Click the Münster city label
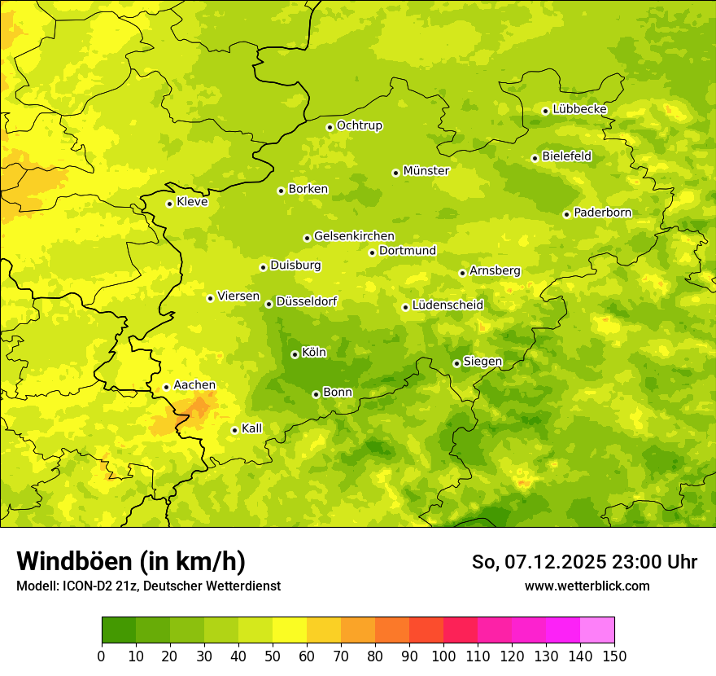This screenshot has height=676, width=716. (x=426, y=171)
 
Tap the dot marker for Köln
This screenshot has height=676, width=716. (x=295, y=354)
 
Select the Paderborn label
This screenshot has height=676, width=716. (x=602, y=213)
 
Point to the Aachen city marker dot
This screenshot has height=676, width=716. (x=166, y=387)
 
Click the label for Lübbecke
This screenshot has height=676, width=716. (x=579, y=109)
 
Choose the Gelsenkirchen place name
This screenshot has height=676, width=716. (x=354, y=236)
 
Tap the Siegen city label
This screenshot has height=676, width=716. (x=482, y=362)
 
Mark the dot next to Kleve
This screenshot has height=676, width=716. (x=169, y=204)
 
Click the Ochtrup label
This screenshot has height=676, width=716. (x=359, y=125)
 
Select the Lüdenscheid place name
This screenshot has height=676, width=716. (x=447, y=305)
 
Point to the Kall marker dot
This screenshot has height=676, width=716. (x=234, y=430)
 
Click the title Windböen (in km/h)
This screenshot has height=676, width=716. (x=130, y=561)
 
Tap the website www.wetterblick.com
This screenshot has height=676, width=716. (x=587, y=586)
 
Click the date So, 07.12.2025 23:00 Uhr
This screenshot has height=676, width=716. (x=584, y=562)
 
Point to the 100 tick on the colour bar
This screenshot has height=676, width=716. (x=443, y=656)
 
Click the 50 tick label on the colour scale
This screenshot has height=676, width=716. (x=273, y=656)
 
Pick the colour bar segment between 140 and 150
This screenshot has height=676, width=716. (x=597, y=630)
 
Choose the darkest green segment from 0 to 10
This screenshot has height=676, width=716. (x=119, y=630)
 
